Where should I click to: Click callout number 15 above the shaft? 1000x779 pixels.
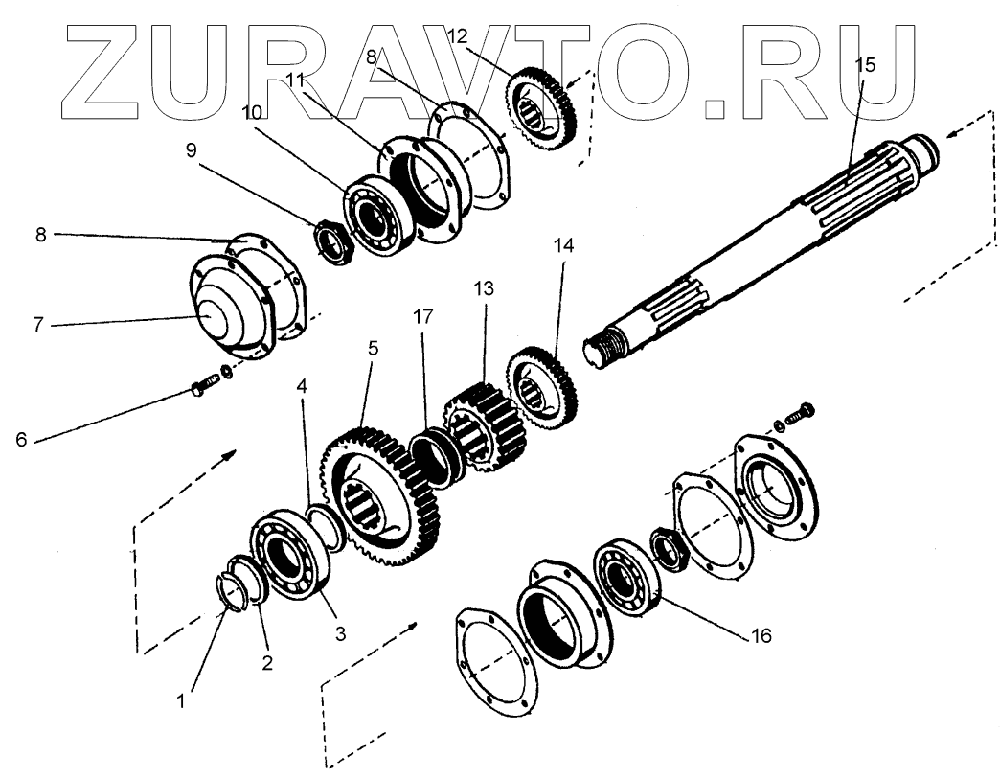click(864, 65)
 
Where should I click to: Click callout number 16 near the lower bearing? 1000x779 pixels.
click(761, 634)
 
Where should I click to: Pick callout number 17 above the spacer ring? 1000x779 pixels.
click(422, 315)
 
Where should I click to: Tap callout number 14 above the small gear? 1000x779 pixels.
click(563, 245)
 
